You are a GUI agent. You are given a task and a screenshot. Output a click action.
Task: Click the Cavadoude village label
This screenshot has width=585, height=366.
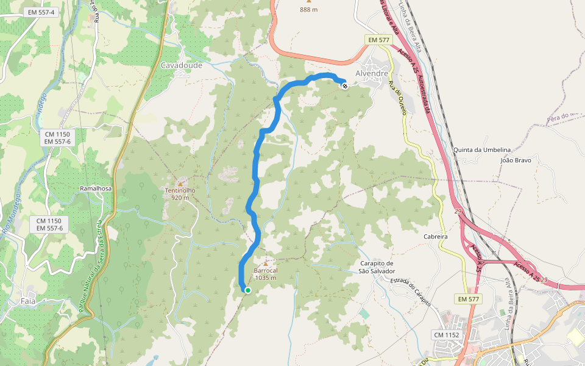[x=181, y=65]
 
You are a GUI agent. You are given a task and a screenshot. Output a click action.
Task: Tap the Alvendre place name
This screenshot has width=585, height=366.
[x=372, y=73]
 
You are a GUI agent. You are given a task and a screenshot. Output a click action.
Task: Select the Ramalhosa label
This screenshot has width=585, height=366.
[x=96, y=188]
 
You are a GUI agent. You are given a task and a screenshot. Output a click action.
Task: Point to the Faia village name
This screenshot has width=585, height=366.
[x=28, y=301]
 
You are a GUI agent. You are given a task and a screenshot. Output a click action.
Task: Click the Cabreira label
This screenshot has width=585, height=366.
[x=436, y=236]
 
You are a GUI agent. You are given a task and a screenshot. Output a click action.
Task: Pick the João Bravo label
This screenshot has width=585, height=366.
[x=516, y=160]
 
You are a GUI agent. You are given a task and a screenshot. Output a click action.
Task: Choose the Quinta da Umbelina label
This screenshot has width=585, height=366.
[x=482, y=149]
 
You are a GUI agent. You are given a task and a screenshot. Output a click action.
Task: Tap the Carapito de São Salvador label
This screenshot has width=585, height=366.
[x=377, y=267]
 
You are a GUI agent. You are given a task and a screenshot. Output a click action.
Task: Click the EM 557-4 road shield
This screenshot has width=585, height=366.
[x=41, y=12]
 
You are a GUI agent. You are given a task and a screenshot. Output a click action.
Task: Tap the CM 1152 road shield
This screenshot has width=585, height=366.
[x=447, y=335]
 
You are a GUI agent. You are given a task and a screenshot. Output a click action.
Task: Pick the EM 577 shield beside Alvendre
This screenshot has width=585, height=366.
[x=378, y=40]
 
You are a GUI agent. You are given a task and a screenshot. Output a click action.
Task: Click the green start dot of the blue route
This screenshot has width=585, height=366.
[x=248, y=290]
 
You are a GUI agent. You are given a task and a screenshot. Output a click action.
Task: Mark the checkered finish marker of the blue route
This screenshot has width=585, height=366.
[x=344, y=86]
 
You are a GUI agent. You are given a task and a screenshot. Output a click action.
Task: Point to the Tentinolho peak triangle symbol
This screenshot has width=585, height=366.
[x=180, y=183]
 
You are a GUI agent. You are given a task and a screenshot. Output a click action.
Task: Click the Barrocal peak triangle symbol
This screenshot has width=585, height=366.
[x=265, y=264]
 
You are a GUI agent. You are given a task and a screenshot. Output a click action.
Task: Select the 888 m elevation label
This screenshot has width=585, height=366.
[x=309, y=10]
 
